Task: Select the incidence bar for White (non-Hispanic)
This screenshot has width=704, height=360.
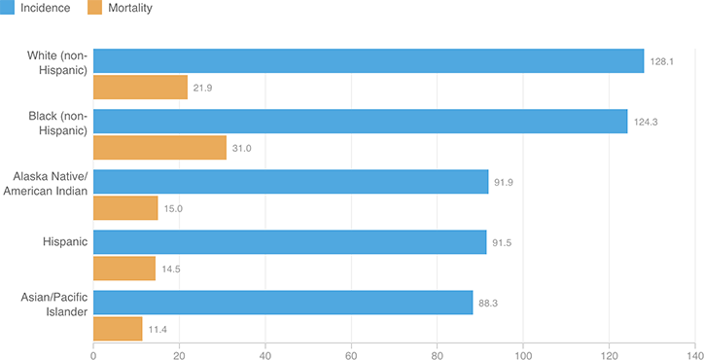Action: coord(369,60)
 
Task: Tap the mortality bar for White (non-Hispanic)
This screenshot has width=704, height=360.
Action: coord(140,88)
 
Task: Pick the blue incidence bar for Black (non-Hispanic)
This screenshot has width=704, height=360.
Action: coord(360,121)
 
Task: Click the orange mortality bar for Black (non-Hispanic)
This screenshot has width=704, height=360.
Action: coord(159,148)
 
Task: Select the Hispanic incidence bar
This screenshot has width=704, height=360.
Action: coord(290,242)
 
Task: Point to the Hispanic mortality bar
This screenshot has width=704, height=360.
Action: coord(124,269)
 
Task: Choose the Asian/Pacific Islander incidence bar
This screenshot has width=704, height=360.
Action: coord(283,303)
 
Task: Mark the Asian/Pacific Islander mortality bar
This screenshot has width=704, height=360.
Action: coord(118,329)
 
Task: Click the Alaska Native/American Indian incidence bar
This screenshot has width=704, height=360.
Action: coord(291,182)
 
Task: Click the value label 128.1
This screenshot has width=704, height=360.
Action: coord(662,60)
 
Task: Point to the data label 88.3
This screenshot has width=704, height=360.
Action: coord(489,303)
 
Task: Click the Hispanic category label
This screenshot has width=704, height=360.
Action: coord(66,242)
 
